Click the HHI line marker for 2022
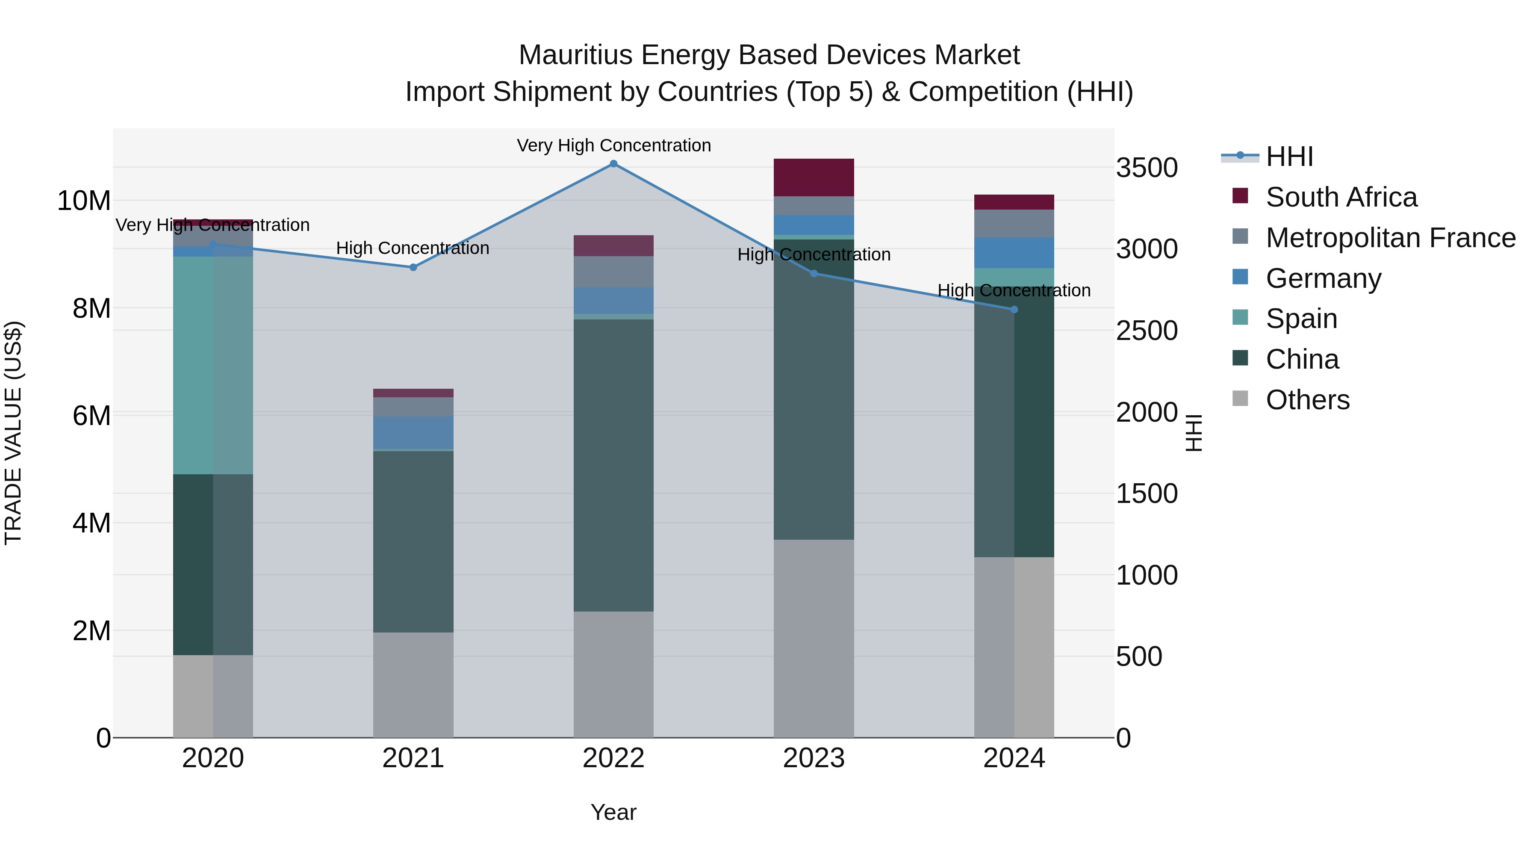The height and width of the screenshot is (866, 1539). click(x=613, y=163)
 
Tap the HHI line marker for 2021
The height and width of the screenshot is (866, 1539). click(x=413, y=267)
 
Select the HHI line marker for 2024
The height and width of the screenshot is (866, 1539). click(x=1014, y=310)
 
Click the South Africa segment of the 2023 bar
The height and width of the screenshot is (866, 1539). click(x=814, y=177)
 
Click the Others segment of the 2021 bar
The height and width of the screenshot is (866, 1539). click(x=413, y=684)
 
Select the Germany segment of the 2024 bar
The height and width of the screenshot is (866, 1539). click(x=1014, y=252)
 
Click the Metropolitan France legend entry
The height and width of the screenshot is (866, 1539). click(x=1390, y=238)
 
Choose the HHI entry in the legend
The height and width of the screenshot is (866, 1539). click(x=1288, y=157)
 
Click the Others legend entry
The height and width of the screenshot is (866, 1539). click(x=1307, y=400)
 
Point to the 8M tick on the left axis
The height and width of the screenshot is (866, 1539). click(x=91, y=308)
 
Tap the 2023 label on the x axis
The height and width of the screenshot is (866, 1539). click(x=814, y=758)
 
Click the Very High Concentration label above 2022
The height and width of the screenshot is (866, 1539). click(x=613, y=145)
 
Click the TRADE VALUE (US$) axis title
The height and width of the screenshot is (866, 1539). click(x=13, y=433)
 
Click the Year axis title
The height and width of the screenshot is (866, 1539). click(x=613, y=812)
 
